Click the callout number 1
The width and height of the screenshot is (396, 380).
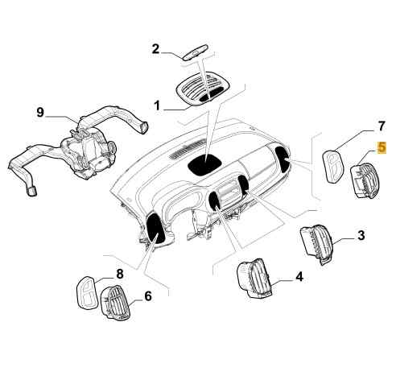157,105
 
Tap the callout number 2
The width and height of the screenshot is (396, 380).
155,49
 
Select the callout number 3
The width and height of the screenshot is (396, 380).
361,235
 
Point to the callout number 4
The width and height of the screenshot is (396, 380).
299,276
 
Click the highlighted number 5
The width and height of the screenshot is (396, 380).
382,147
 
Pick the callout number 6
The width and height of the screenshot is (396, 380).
148,296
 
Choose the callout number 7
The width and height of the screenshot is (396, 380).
382,126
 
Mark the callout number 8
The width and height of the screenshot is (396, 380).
120,274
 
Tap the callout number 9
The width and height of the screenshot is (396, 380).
40,112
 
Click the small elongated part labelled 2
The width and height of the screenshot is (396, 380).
196,52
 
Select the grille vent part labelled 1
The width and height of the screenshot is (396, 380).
203,87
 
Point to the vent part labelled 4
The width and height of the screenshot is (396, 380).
255,279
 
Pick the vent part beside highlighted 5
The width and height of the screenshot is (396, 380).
365,181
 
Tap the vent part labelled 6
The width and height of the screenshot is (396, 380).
115,302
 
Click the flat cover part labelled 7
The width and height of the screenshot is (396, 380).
333,166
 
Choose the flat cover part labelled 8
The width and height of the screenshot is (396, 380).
87,291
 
